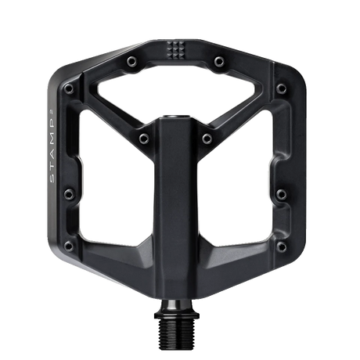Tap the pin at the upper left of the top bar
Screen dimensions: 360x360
click(x=132, y=62)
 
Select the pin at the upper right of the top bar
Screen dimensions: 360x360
click(x=219, y=62)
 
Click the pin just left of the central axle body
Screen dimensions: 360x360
click(x=144, y=139)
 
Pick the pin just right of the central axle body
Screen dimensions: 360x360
click(x=207, y=139)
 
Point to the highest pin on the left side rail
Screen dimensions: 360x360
click(x=69, y=88)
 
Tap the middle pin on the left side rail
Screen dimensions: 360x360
click(x=69, y=194)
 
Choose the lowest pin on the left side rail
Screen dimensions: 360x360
click(x=69, y=246)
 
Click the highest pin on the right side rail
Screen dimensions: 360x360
click(x=282, y=88)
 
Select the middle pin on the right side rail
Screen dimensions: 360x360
click(x=282, y=194)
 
